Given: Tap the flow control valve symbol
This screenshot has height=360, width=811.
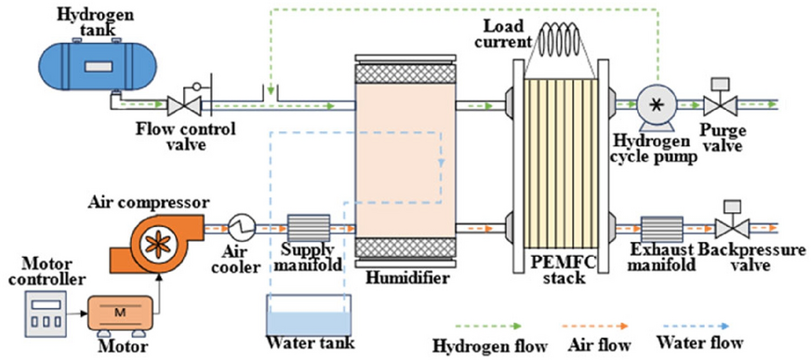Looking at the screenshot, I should pyautogui.click(x=182, y=104).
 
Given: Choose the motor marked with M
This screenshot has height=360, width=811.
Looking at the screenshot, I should pyautogui.click(x=118, y=313).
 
